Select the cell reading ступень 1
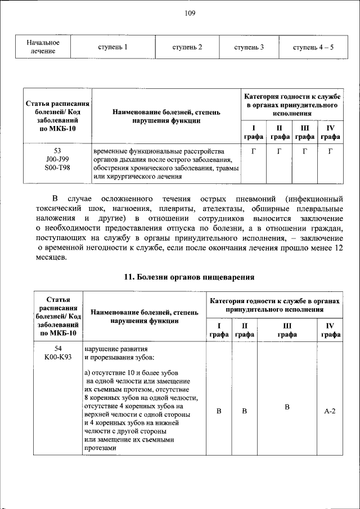[112, 47]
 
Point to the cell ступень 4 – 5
[313, 47]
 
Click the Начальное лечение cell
[43, 47]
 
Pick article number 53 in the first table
[57, 151]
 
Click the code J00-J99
[57, 160]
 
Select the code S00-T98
[57, 168]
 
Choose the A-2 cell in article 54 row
[330, 411]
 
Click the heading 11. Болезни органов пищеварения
[189, 277]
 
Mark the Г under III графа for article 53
[304, 151]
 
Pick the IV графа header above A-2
[330, 330]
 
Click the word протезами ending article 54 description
[100, 448]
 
